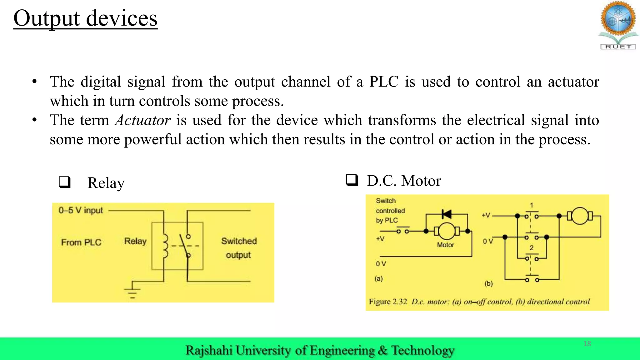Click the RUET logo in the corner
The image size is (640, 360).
pos(618,25)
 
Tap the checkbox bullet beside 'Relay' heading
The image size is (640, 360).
pos(65,182)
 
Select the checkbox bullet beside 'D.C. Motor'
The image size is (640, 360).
pos(352,180)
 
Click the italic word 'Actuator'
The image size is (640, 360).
pos(142,120)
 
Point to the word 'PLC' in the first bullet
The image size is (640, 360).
pos(384,82)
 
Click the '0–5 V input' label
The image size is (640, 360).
pos(81,210)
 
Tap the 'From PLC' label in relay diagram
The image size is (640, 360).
pos(81,242)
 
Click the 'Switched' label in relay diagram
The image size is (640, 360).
pos(239,241)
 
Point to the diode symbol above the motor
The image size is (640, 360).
pos(447,214)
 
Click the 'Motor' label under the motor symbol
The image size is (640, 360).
pos(445,245)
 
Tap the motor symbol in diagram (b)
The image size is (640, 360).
pos(580,216)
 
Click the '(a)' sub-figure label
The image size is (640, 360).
pos(379,278)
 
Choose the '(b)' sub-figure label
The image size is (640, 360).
pos(488,283)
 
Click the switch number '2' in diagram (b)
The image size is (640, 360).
pos(532,248)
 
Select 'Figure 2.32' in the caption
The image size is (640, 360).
pos(388,302)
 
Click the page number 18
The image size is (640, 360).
pos(587,344)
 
